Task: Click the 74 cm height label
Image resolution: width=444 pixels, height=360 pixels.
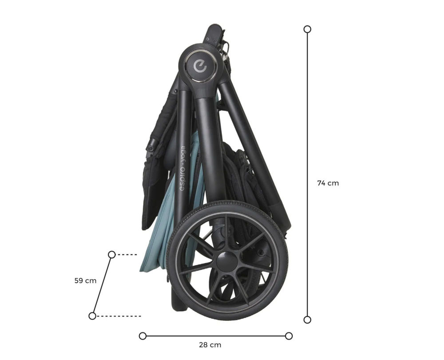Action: pyautogui.click(x=328, y=183)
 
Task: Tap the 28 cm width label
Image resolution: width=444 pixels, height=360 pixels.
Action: pyautogui.click(x=210, y=345)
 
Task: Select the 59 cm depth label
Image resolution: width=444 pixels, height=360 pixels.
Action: pyautogui.click(x=85, y=280)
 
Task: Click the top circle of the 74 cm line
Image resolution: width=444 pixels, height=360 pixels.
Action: pyautogui.click(x=307, y=29)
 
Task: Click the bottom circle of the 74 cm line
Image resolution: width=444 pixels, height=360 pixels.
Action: pyautogui.click(x=307, y=320)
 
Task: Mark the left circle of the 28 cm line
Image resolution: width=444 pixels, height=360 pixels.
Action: pyautogui.click(x=143, y=336)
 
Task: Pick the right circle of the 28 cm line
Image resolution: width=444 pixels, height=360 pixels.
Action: pyautogui.click(x=289, y=336)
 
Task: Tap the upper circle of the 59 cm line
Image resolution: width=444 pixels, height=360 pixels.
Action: pyautogui.click(x=112, y=255)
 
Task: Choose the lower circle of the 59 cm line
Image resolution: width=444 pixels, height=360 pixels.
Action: pyautogui.click(x=92, y=316)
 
